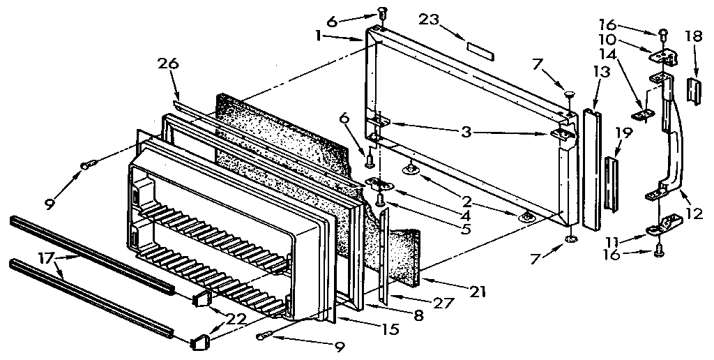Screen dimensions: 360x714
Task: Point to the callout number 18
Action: click(693, 36)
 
